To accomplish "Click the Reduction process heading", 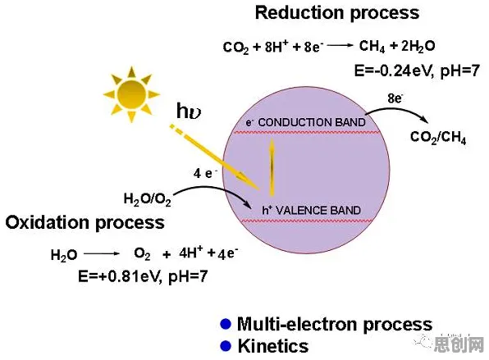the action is click(337, 14).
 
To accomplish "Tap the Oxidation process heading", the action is click(85, 223).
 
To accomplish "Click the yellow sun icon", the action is click(131, 94).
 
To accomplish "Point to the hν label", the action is click(189, 111).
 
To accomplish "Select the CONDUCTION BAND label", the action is click(312, 122).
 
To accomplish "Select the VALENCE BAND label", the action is click(318, 211).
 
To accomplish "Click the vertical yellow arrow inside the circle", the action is click(272, 167).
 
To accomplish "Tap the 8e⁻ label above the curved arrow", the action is click(395, 98).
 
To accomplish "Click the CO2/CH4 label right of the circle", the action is click(438, 137).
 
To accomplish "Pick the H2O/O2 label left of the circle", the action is click(148, 199).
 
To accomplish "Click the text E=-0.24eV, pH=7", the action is click(417, 71).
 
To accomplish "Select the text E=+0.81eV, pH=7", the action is click(143, 276).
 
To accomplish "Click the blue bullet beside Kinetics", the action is click(226, 346).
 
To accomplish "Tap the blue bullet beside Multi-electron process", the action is click(226, 324).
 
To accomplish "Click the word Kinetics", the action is click(273, 346).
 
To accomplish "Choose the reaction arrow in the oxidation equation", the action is click(102, 254).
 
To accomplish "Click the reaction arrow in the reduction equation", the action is click(340, 45).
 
